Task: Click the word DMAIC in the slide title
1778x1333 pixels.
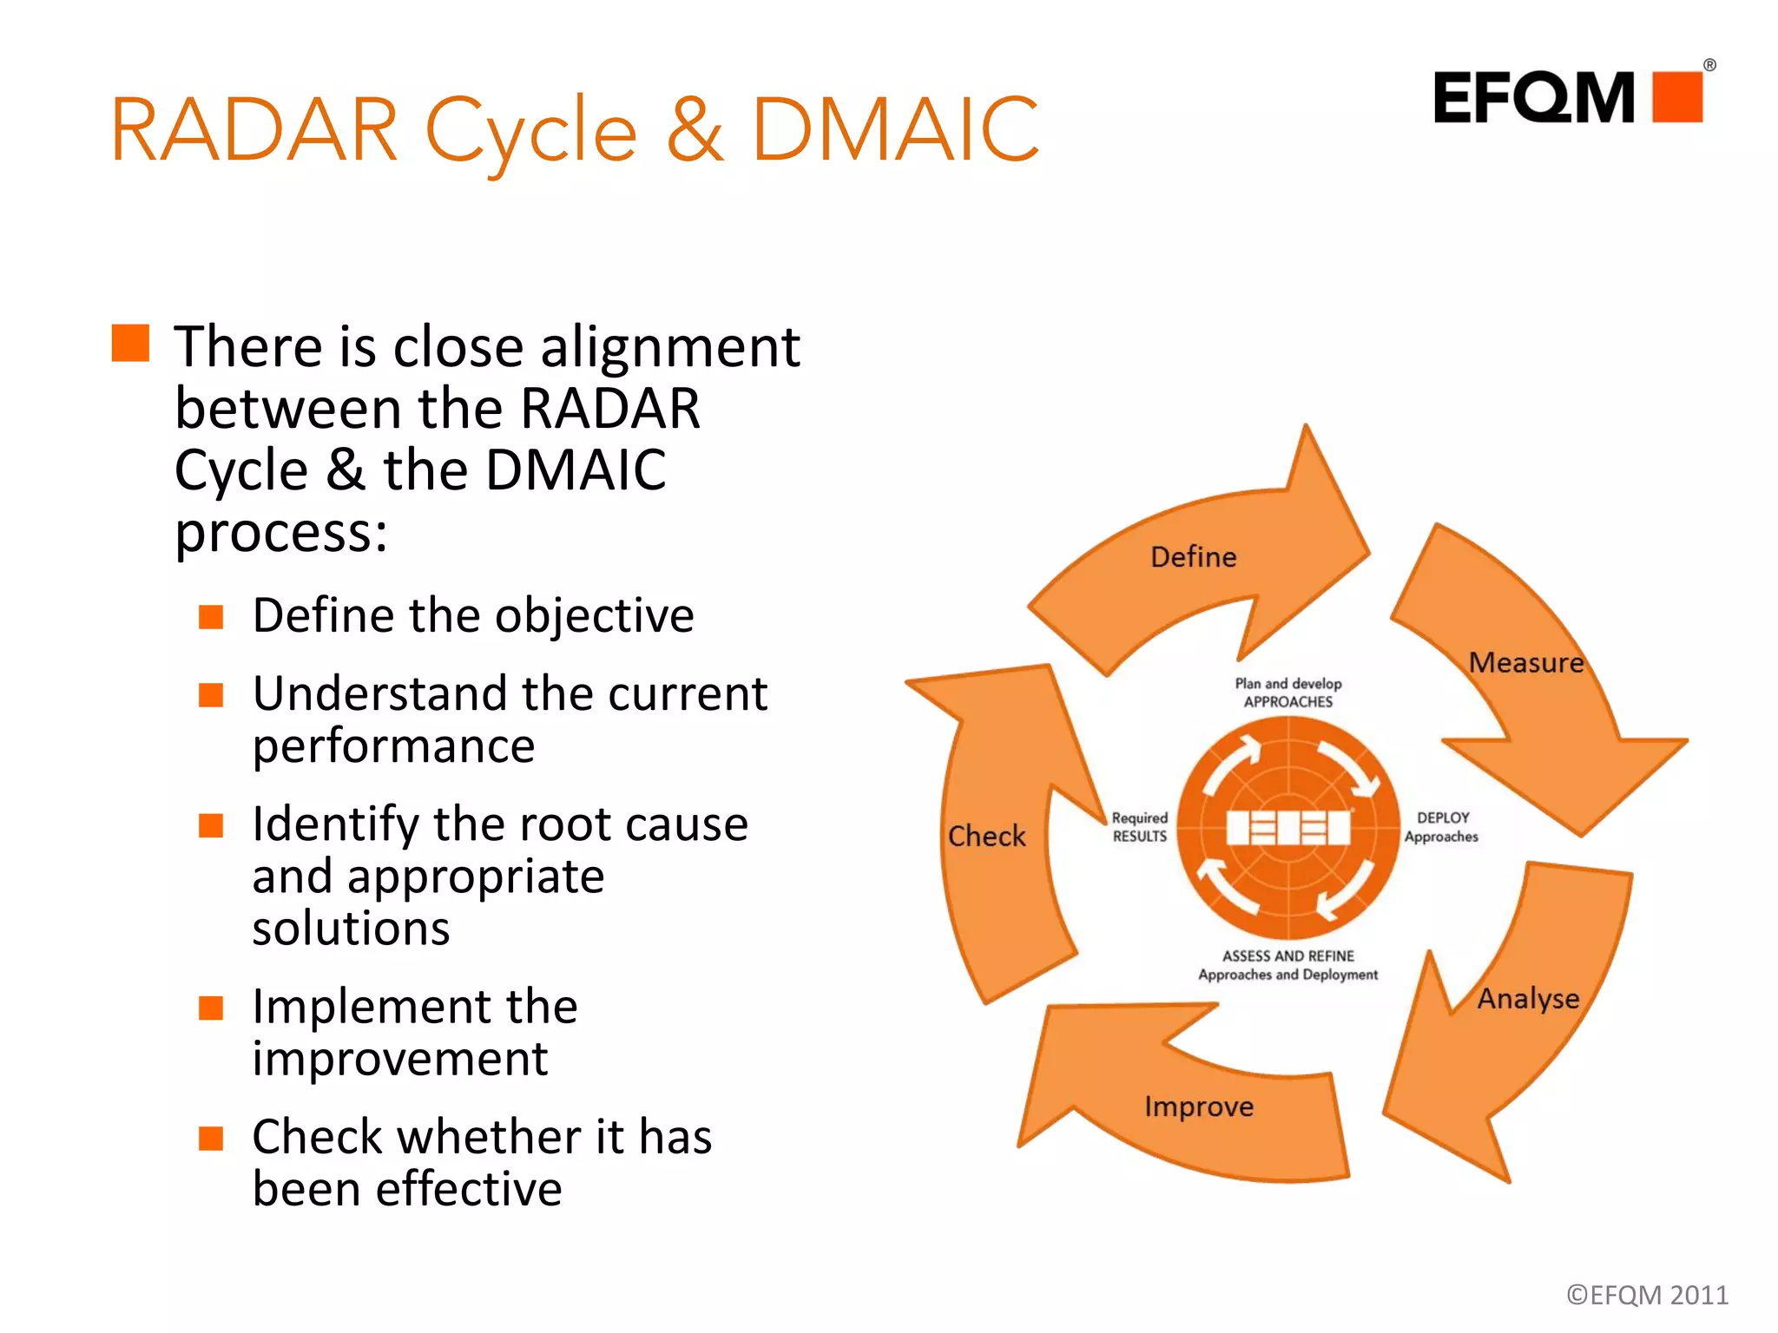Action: tap(894, 130)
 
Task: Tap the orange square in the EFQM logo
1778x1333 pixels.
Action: tap(1677, 97)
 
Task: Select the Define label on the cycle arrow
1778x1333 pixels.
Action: tap(1193, 557)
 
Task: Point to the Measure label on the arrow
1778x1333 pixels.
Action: tap(1526, 663)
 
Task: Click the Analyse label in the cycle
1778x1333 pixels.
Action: tap(1528, 999)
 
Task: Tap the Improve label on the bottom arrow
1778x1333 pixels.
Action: tap(1199, 1106)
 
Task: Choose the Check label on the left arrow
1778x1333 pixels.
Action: tap(986, 836)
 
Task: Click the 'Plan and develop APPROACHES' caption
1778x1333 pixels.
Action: tap(1288, 693)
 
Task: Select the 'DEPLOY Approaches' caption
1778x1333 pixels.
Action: tap(1442, 827)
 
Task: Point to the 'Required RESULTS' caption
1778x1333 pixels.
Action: tap(1140, 827)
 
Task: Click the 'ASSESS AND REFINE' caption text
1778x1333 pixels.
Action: tap(1288, 956)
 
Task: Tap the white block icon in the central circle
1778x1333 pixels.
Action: tap(1288, 827)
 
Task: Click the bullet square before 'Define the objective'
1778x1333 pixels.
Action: tap(211, 617)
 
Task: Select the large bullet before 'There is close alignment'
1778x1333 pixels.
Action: tap(131, 343)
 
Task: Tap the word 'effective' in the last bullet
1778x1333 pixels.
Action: tap(468, 1189)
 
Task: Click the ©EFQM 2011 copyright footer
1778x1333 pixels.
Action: tap(1647, 1295)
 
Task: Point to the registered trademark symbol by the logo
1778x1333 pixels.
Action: tap(1709, 65)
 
